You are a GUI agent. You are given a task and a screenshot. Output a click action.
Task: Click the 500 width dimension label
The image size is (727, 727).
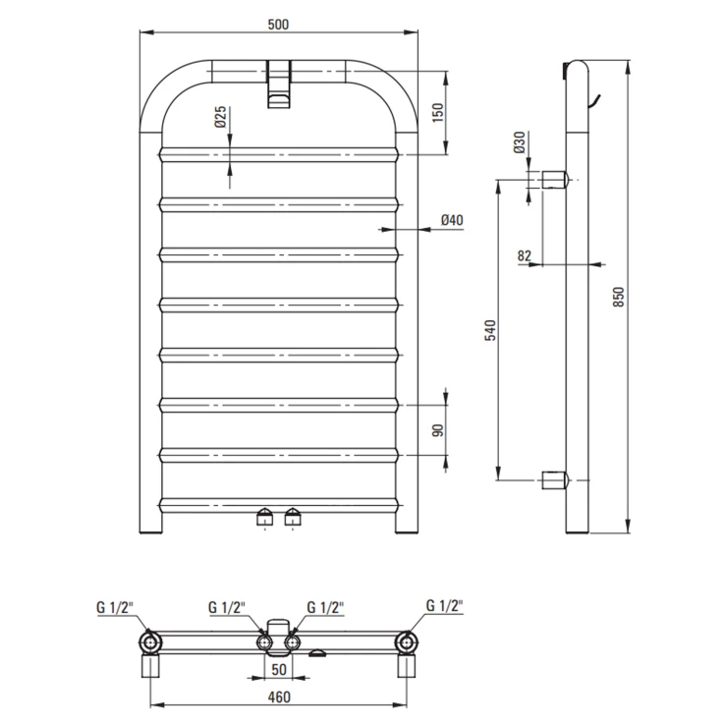(278, 25)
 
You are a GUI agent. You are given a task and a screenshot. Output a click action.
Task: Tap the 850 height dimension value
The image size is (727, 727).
(619, 297)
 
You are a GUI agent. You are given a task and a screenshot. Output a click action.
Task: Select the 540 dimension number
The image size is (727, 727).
(490, 330)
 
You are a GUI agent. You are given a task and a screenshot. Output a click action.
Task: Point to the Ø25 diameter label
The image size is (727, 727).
(220, 117)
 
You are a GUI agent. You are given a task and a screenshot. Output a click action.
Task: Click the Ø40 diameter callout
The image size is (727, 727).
(452, 220)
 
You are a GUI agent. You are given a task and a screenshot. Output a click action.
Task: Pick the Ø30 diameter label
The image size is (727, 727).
(520, 142)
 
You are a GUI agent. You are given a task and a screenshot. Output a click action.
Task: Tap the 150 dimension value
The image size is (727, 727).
(438, 113)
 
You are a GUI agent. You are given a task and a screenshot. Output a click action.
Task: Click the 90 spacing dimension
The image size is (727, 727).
(438, 430)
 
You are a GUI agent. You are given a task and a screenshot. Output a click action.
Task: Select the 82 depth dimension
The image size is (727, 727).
(525, 255)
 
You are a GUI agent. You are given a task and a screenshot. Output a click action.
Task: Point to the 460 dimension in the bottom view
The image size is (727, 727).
(279, 697)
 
